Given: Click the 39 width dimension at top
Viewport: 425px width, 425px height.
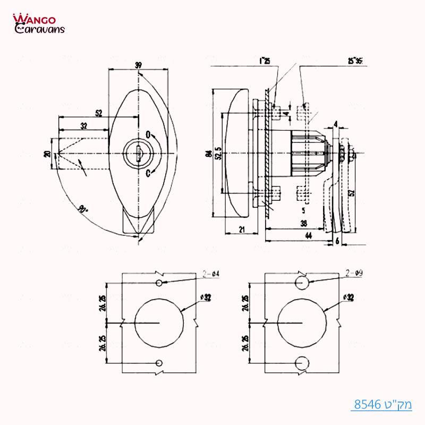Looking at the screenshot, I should pos(138,65).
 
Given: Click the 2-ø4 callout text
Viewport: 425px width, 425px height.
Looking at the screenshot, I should pos(212,274).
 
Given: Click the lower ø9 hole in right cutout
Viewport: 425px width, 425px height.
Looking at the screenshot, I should pos(302,362).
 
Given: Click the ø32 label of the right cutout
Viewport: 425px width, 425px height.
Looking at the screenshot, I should pos(348,297).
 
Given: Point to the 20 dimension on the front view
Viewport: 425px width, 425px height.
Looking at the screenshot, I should pos(47,154).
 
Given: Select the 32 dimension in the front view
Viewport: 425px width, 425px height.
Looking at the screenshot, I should pos(84,126).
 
